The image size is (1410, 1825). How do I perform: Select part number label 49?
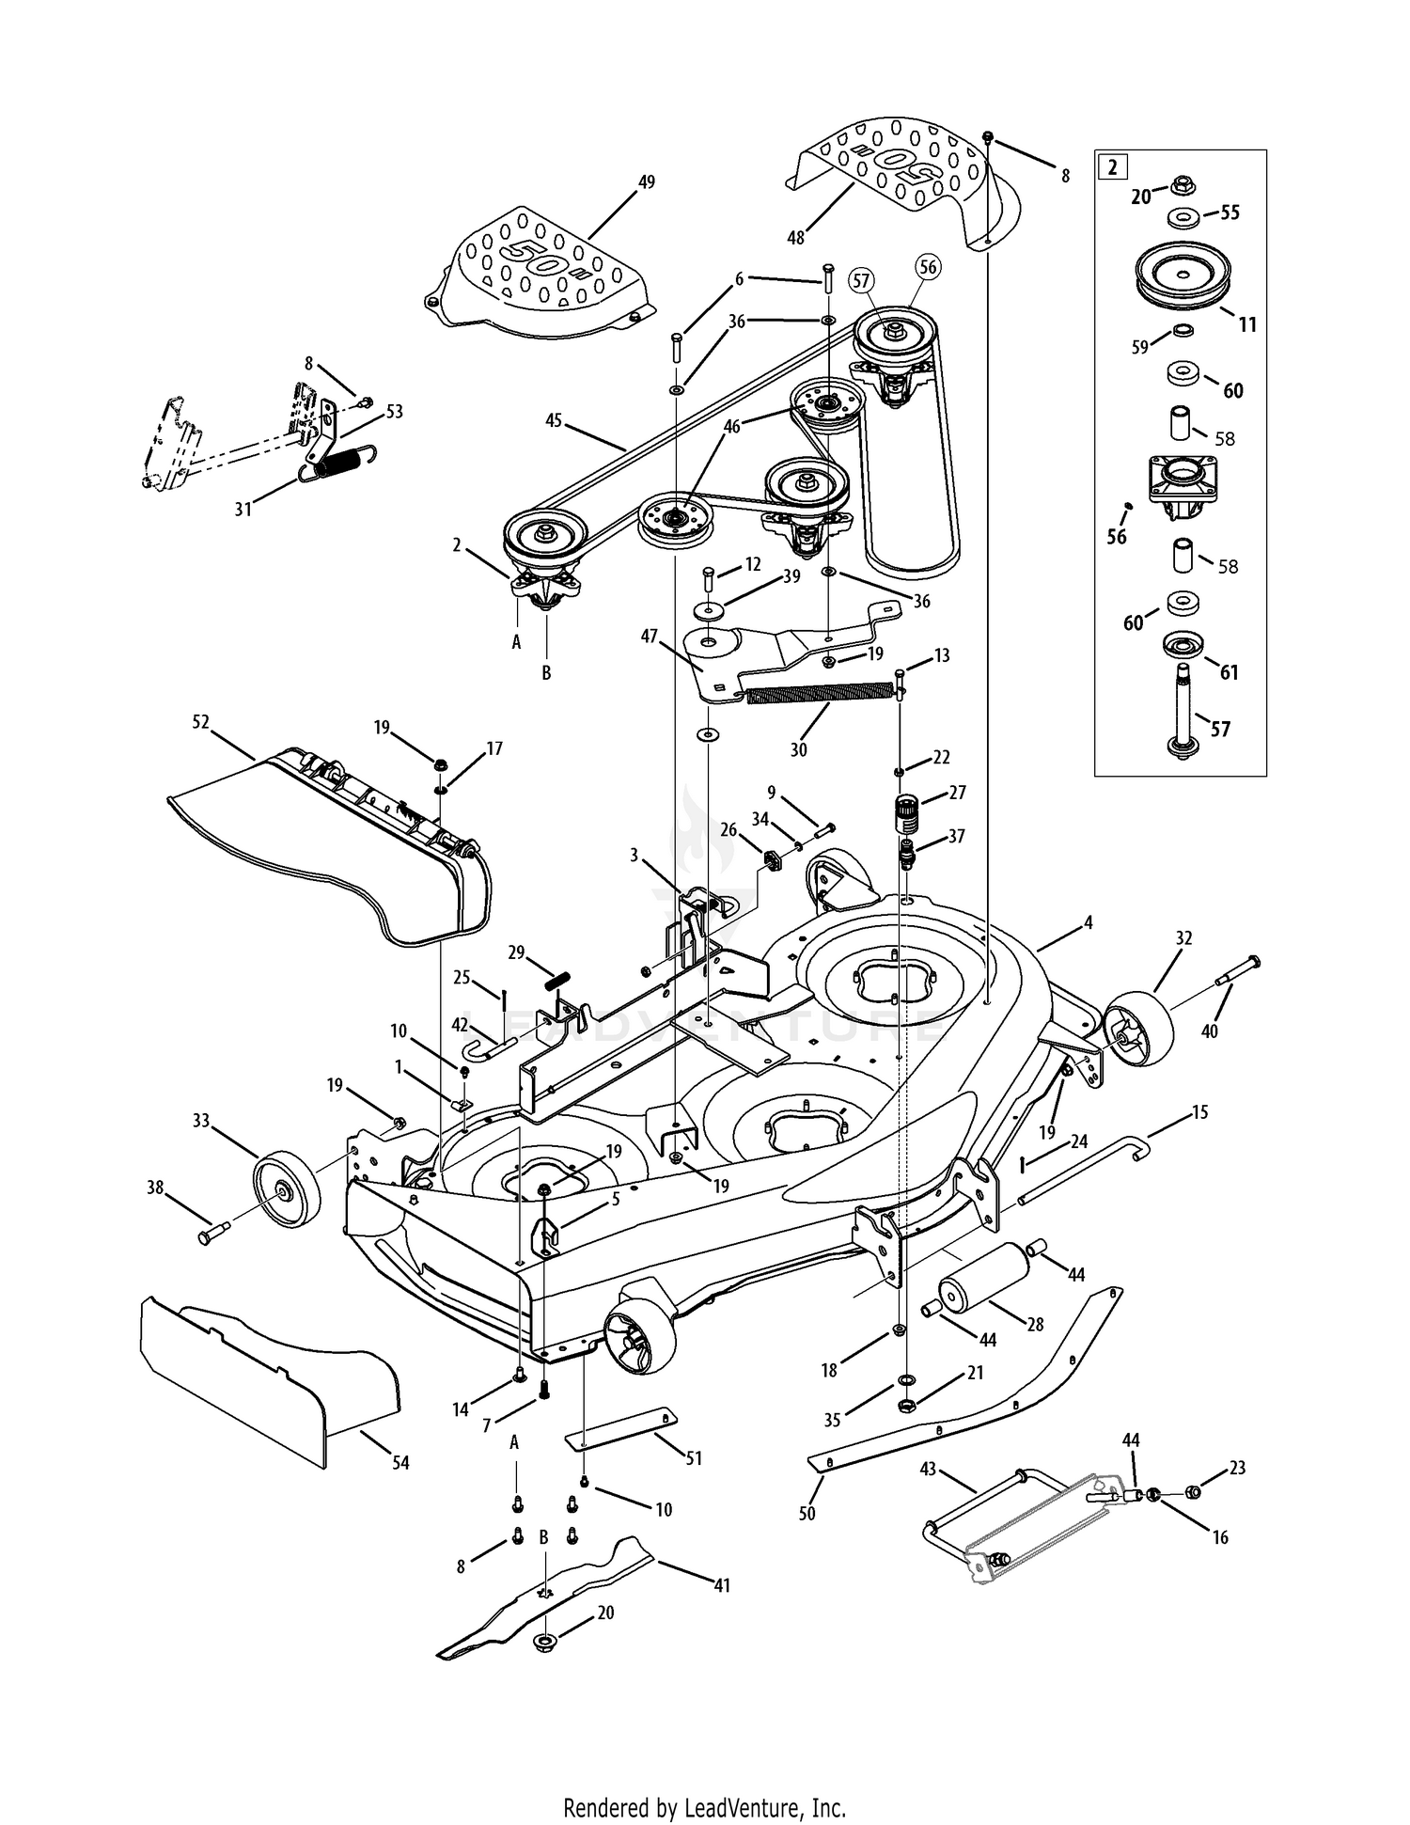click(x=647, y=181)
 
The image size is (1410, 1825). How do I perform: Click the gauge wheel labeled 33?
click(x=286, y=1191)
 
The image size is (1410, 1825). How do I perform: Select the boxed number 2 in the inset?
click(x=1113, y=168)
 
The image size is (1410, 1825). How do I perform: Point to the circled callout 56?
click(x=927, y=268)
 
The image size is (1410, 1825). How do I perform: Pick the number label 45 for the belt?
click(x=553, y=420)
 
